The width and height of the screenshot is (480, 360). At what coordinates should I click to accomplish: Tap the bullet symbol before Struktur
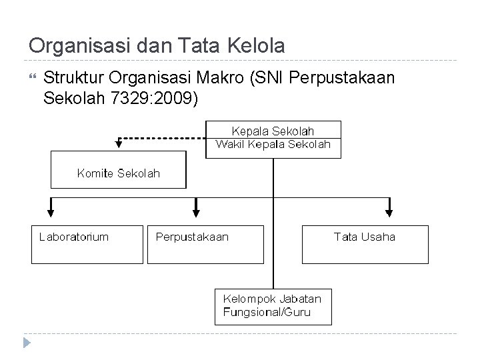(32, 79)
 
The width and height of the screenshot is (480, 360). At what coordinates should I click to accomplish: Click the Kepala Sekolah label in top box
(273, 131)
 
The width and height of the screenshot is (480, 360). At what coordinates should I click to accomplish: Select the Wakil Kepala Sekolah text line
(273, 144)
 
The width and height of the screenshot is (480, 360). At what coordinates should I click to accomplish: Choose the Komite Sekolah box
(119, 173)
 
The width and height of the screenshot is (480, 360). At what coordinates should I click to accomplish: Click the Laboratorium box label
(74, 237)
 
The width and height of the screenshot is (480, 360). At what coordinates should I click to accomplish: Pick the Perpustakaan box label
(191, 237)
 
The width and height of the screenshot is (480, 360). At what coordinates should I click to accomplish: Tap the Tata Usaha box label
(364, 237)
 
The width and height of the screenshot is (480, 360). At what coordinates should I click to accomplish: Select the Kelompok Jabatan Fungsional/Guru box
(273, 305)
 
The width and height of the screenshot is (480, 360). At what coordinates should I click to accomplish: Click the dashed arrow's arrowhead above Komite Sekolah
(119, 141)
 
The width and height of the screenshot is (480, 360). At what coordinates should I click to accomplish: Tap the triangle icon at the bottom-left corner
(27, 345)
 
